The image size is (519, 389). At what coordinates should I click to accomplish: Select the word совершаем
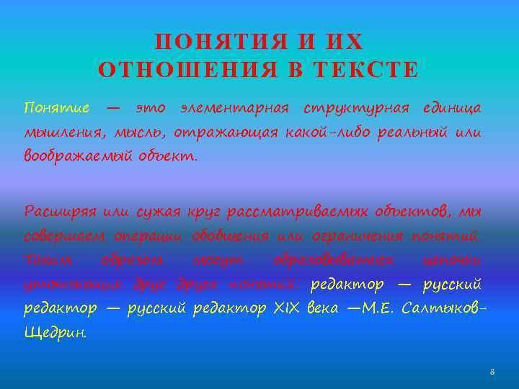click(64, 236)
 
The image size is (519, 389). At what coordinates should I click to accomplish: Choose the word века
click(321, 308)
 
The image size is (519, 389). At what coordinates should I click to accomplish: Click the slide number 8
click(492, 372)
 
